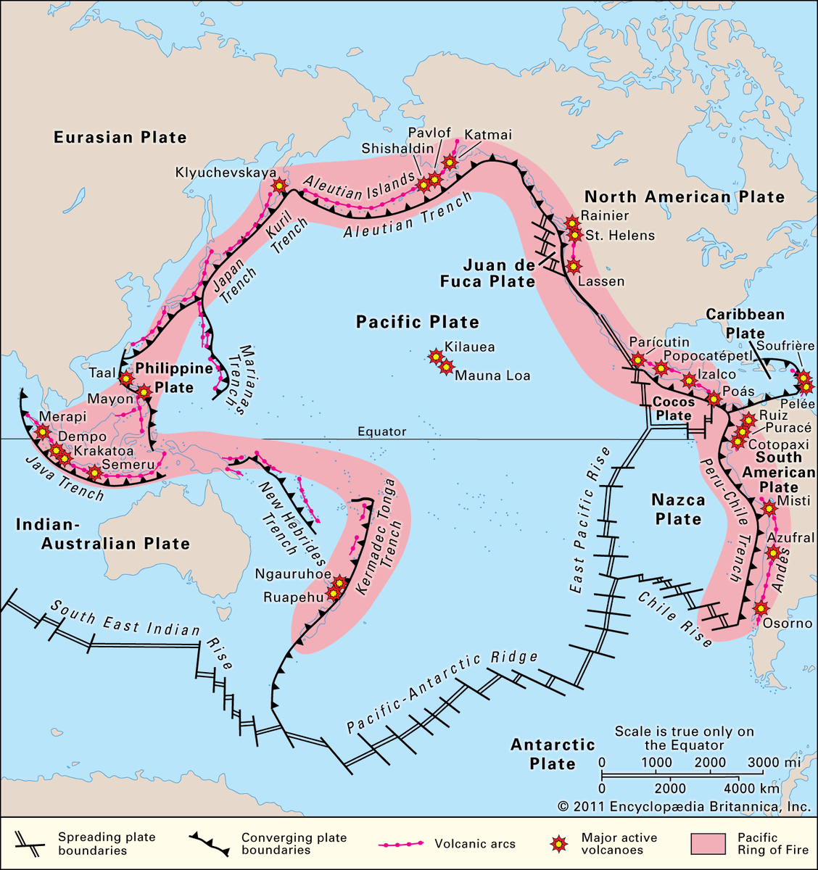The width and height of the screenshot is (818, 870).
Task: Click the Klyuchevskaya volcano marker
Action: [x=278, y=186]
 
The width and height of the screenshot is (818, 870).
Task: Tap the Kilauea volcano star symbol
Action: [x=435, y=356]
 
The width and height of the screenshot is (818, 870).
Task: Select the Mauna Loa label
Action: [x=492, y=376]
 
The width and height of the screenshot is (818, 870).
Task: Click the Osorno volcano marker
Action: [x=760, y=608]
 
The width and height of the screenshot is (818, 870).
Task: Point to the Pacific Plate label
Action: [x=417, y=322]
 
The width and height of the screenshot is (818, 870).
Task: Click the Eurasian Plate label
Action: [x=120, y=137]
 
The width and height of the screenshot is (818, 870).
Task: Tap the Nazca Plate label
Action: [x=678, y=509]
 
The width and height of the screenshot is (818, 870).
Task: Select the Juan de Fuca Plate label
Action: [x=487, y=273]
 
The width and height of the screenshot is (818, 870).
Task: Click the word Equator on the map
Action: [x=382, y=431]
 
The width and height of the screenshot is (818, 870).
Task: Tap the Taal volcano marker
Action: [x=126, y=378]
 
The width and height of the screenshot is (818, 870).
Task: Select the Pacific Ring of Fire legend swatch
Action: [x=708, y=844]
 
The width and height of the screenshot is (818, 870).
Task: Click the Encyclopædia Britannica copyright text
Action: [x=684, y=806]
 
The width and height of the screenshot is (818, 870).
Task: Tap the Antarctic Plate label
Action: [x=553, y=754]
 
